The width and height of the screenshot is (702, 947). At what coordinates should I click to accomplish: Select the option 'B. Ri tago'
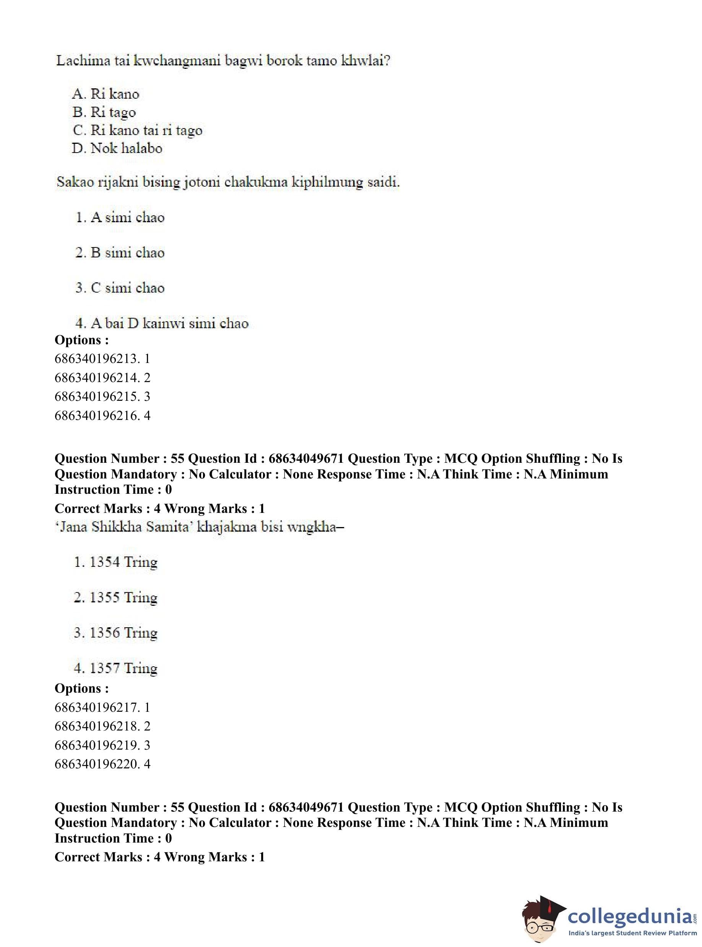pyautogui.click(x=104, y=112)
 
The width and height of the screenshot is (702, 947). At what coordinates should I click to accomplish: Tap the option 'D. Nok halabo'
pyautogui.click(x=117, y=148)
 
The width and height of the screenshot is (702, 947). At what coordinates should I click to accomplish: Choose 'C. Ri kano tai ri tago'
pyautogui.click(x=137, y=130)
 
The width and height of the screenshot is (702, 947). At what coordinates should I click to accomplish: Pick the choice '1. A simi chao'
pyautogui.click(x=120, y=217)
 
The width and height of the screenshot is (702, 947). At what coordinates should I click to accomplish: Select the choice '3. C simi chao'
pyautogui.click(x=120, y=288)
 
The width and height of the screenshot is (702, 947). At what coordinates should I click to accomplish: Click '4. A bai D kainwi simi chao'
pyautogui.click(x=162, y=323)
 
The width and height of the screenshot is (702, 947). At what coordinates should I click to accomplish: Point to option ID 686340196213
pyautogui.click(x=102, y=359)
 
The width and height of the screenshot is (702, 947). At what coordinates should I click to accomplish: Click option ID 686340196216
pyautogui.click(x=102, y=415)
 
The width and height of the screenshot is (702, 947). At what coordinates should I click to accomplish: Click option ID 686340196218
pyautogui.click(x=102, y=726)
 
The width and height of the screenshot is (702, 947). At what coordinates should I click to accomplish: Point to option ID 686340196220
pyautogui.click(x=102, y=764)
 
